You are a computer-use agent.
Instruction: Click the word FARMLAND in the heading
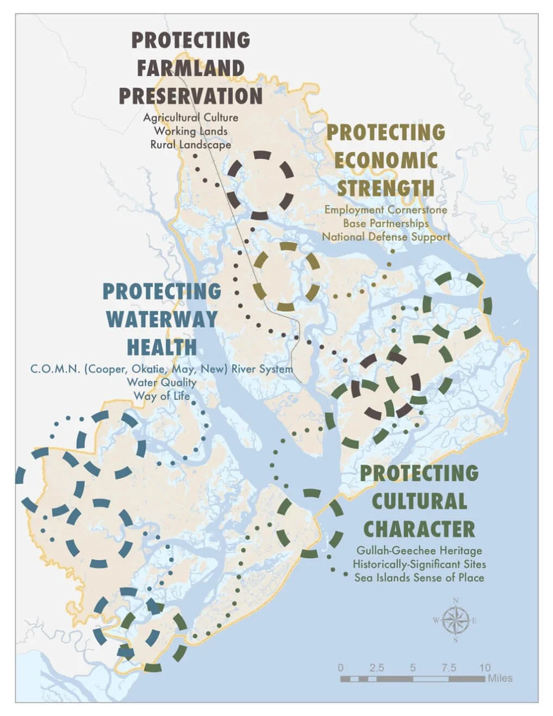click(190, 69)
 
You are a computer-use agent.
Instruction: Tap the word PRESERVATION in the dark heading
click(191, 96)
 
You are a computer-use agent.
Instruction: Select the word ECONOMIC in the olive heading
click(386, 161)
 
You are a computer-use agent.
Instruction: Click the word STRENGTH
click(386, 188)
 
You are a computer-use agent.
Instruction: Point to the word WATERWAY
click(162, 319)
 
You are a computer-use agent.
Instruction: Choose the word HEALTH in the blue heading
click(162, 347)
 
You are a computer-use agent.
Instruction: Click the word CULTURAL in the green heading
click(419, 501)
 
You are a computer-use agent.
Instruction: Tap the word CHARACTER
click(419, 529)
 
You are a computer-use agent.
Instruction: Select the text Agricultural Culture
click(190, 118)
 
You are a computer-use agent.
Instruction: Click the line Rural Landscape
click(190, 145)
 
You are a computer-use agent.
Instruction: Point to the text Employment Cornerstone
click(386, 209)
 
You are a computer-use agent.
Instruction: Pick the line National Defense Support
click(386, 237)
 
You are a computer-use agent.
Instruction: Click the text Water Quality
click(161, 382)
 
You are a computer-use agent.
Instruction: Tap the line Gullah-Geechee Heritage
click(419, 551)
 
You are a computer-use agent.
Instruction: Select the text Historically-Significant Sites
click(419, 564)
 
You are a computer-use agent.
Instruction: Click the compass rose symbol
click(456, 621)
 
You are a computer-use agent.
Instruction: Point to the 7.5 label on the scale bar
click(449, 668)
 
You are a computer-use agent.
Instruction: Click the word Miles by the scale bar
click(500, 678)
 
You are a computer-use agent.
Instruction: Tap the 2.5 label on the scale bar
click(376, 668)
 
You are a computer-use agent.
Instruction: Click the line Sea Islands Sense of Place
click(419, 578)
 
